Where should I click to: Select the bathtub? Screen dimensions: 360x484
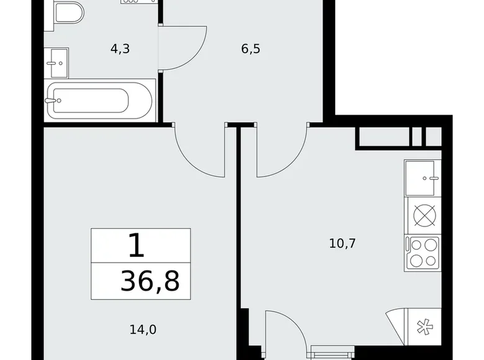click(100, 100)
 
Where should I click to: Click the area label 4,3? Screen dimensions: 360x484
click(120, 49)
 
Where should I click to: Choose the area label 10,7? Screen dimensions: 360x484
click(342, 243)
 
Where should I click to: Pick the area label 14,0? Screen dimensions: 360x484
click(142, 330)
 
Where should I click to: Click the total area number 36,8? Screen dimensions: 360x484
click(151, 281)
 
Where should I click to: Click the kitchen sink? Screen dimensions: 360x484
click(423, 178)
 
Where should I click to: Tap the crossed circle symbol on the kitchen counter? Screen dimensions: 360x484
click(423, 217)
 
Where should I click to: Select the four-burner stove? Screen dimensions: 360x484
click(423, 253)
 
